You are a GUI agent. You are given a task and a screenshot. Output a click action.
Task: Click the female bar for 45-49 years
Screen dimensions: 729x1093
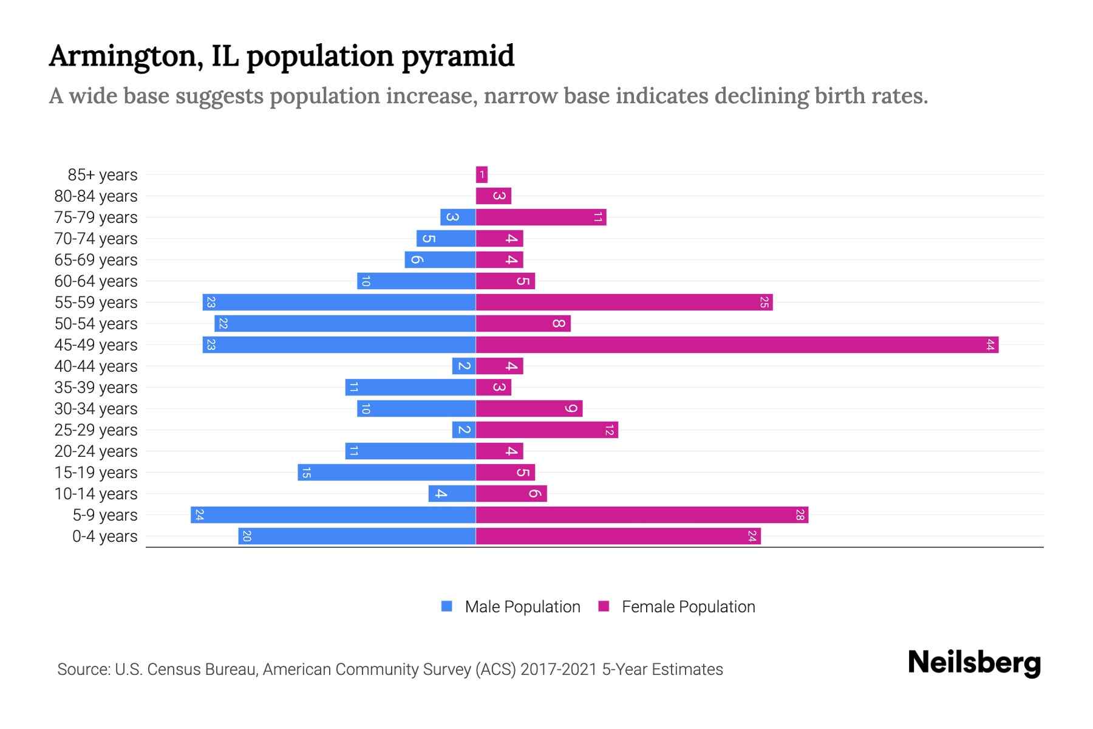737,345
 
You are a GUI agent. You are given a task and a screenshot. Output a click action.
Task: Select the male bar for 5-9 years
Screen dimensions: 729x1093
333,515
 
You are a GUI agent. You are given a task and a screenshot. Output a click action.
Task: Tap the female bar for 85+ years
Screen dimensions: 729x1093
482,175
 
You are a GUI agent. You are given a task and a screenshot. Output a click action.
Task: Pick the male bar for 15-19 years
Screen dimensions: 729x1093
386,473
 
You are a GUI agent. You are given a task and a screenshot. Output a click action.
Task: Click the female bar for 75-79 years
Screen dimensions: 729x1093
540,217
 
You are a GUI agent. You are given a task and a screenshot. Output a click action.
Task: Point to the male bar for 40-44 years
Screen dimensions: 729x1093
464,366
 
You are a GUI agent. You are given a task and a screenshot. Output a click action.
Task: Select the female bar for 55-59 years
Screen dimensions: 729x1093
624,303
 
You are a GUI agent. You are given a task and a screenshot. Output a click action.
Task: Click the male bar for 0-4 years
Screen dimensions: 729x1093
356,536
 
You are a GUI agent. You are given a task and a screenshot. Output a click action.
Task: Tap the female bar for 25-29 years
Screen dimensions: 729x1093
546,430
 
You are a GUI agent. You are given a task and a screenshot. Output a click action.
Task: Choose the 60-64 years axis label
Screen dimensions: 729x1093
96,281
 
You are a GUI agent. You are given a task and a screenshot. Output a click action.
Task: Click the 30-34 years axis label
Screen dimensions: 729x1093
96,409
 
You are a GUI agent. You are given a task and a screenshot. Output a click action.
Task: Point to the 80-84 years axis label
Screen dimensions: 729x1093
96,196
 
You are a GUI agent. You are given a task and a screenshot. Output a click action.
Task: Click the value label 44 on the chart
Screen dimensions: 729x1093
990,345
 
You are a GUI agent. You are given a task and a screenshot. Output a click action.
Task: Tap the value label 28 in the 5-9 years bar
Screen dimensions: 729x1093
800,515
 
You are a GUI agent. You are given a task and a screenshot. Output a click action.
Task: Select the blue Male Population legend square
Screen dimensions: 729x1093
447,606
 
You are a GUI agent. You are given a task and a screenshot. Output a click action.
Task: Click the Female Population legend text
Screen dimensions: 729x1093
688,607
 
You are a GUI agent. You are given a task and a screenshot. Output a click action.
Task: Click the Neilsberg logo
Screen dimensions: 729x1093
974,663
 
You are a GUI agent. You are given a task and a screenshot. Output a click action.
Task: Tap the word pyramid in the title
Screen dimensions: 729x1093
458,56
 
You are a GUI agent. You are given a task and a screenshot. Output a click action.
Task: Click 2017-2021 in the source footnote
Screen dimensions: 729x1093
559,669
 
